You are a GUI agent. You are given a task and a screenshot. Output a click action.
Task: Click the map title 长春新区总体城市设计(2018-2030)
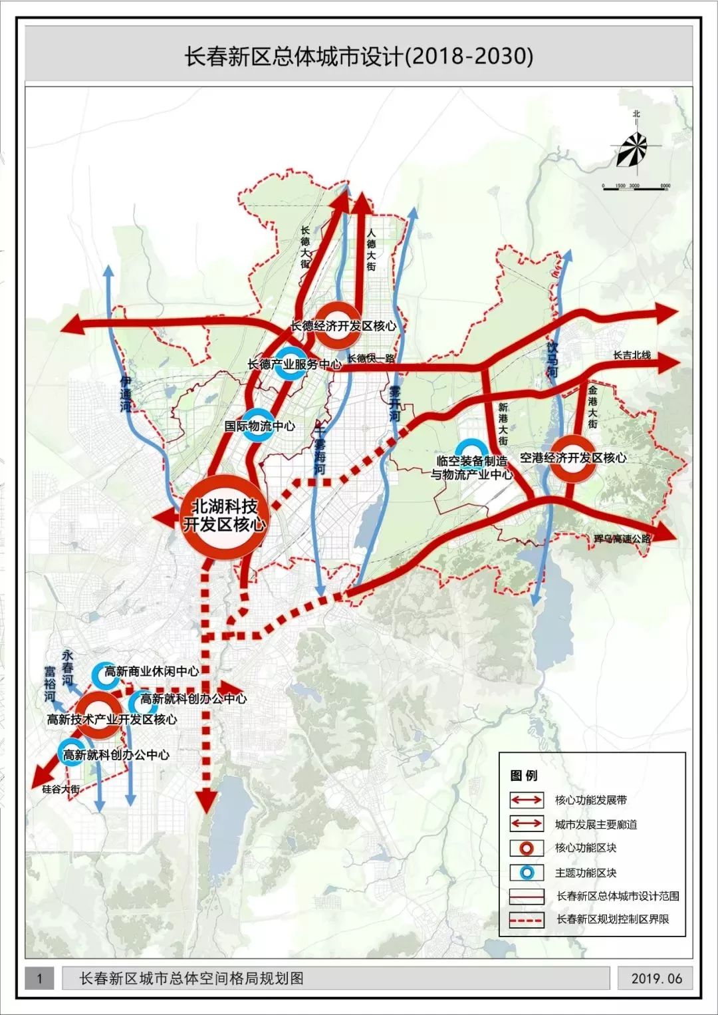(x=358, y=56)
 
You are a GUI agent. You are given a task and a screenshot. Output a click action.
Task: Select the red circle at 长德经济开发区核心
(x=337, y=325)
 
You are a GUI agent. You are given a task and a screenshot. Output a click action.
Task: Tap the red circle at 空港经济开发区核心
(x=573, y=458)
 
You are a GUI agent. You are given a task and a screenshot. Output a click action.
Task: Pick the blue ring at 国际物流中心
(x=259, y=425)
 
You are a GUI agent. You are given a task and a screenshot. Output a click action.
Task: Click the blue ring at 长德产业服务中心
(x=291, y=363)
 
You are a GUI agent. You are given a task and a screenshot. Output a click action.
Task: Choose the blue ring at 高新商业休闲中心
(x=104, y=674)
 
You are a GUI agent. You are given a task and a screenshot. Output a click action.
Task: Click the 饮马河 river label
(x=552, y=360)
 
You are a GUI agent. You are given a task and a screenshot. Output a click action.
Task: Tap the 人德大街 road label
(x=371, y=249)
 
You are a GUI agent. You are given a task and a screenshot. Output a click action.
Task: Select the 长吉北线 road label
(x=632, y=355)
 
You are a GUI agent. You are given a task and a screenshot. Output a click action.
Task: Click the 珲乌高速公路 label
(x=622, y=538)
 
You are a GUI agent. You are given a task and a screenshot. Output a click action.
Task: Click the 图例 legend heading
(x=524, y=776)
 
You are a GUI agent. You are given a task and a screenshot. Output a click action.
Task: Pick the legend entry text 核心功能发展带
(x=590, y=800)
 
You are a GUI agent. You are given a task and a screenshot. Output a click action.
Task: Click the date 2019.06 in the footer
(x=656, y=978)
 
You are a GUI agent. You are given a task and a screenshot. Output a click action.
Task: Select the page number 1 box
(x=40, y=978)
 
